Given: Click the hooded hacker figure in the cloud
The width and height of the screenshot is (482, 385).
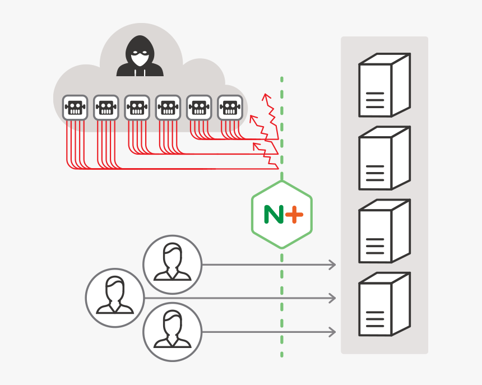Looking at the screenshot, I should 140,57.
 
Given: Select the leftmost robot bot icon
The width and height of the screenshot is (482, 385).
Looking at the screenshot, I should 75,107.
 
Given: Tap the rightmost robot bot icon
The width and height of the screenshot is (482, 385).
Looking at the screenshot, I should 230,107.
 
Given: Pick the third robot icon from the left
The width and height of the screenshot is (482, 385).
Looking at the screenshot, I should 137,107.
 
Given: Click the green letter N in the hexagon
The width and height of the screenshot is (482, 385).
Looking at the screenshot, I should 274,215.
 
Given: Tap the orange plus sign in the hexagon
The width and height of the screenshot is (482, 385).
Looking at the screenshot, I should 294,215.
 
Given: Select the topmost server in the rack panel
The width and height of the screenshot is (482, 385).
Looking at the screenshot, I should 384,85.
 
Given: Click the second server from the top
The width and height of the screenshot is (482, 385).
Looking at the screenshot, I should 384,158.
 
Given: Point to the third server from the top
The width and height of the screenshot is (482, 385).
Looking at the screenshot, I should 384,231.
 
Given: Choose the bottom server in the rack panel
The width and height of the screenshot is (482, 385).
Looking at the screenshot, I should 384,304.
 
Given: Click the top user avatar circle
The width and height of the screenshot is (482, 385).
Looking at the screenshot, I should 172,264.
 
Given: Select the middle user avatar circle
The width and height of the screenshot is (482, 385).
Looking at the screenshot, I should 115,298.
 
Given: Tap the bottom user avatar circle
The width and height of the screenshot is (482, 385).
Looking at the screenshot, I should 172,331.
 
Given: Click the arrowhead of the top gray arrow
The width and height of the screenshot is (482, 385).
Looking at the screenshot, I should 333,265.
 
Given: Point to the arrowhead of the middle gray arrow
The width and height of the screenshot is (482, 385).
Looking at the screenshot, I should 333,298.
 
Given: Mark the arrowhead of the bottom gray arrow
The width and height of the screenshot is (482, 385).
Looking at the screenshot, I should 333,332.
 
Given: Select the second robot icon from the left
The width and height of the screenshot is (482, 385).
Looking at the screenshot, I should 106,107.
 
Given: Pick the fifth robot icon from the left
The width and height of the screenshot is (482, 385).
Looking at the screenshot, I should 199,107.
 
